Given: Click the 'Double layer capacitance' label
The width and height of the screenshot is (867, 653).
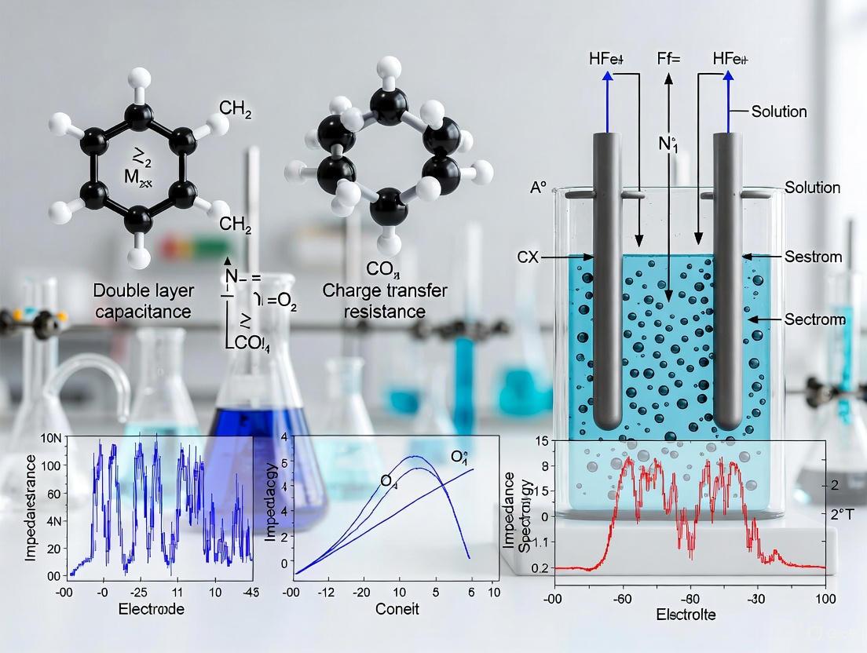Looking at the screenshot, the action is tap(141, 301).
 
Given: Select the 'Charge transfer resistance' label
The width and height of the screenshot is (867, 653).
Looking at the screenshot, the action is tap(385, 301).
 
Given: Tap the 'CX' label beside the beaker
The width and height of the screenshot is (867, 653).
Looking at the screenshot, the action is tap(528, 256).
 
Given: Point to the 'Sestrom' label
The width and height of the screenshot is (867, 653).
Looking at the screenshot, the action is tap(813, 257).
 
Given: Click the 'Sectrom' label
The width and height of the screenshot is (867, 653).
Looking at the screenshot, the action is tap(815, 319).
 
